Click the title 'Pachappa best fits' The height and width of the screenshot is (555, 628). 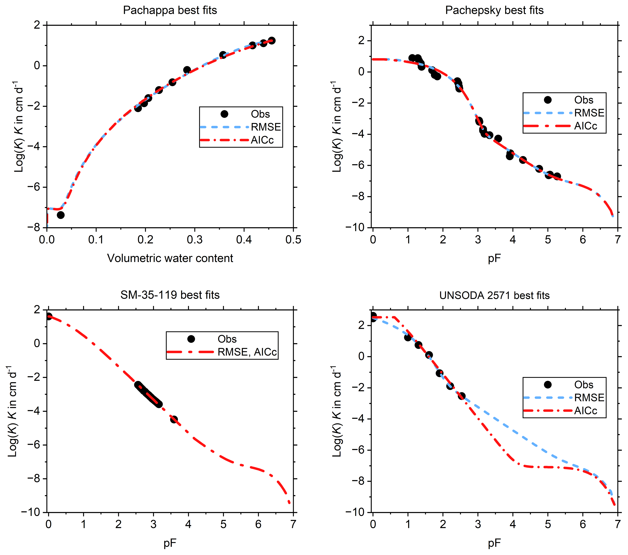pyautogui.click(x=170, y=10)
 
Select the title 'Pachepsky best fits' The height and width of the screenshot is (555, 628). pyautogui.click(x=494, y=10)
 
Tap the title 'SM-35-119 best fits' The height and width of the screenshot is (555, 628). pyautogui.click(x=170, y=295)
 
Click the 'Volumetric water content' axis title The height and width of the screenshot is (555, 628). pyautogui.click(x=170, y=258)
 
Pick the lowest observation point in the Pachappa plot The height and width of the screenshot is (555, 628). pyautogui.click(x=60, y=215)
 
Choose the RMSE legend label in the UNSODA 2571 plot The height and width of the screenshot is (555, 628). pyautogui.click(x=589, y=398)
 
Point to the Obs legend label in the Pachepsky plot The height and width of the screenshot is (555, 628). pyautogui.click(x=584, y=100)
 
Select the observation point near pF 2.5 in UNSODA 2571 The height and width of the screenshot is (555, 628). pyautogui.click(x=461, y=396)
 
